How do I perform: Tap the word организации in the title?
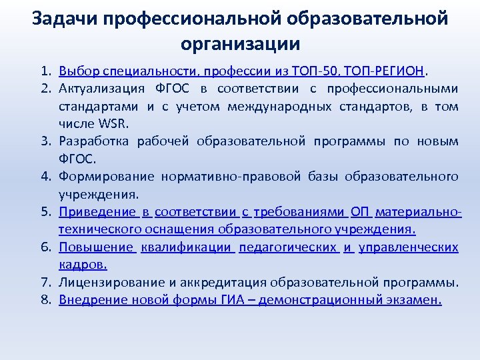[240, 44]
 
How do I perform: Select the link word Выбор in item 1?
[75, 71]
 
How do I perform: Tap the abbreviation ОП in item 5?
[360, 212]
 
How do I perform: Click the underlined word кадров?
[81, 265]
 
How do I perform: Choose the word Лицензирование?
[107, 282]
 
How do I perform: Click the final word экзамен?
[413, 300]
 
